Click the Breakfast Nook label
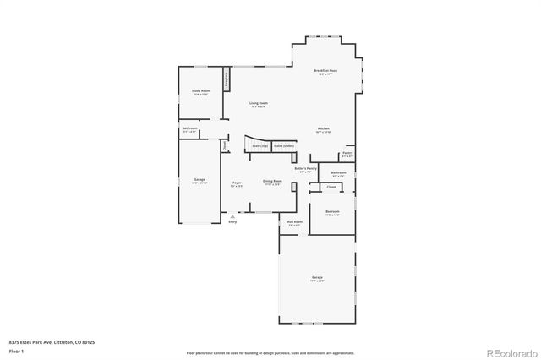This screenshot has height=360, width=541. (325, 72)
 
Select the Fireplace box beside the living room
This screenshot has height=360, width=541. (227, 79)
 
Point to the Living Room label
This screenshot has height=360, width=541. (258, 105)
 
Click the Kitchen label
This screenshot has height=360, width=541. (323, 129)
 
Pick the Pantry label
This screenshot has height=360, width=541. (347, 154)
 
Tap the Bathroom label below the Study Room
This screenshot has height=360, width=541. (189, 129)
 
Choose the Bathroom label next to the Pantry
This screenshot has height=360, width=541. (338, 173)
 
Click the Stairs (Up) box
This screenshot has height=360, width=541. (260, 145)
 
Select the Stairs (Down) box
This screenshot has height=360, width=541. (283, 145)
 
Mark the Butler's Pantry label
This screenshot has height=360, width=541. (305, 169)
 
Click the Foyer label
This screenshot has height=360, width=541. (238, 183)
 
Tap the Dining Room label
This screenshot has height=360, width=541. (272, 183)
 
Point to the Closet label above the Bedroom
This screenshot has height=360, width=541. (331, 187)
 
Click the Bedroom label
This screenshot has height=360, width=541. (332, 212)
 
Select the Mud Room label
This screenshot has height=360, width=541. (294, 224)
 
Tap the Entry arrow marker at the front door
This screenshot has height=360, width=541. (232, 217)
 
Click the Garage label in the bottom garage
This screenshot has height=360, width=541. (317, 278)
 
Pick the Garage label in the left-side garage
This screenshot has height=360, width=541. (199, 181)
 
